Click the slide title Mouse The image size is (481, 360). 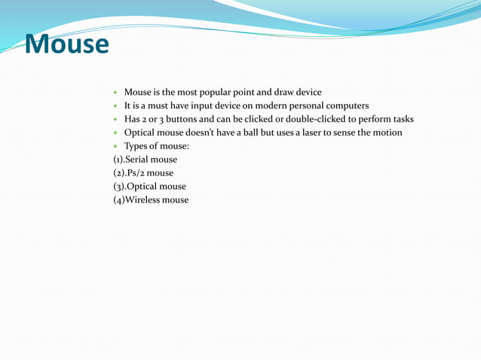(66, 44)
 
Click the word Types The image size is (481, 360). (137, 146)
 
